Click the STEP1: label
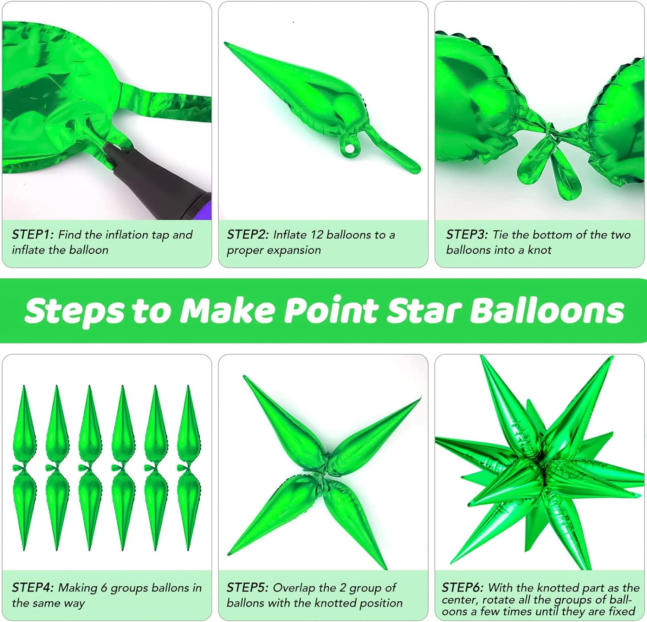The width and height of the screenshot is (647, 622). click(33, 235)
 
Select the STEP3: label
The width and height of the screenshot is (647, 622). click(467, 235)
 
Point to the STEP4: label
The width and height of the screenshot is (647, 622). click(33, 587)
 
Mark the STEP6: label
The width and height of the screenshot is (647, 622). click(463, 587)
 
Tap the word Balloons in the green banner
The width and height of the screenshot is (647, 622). click(547, 311)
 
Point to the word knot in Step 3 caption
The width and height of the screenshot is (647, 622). click(540, 250)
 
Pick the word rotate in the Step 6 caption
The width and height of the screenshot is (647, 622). click(498, 600)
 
